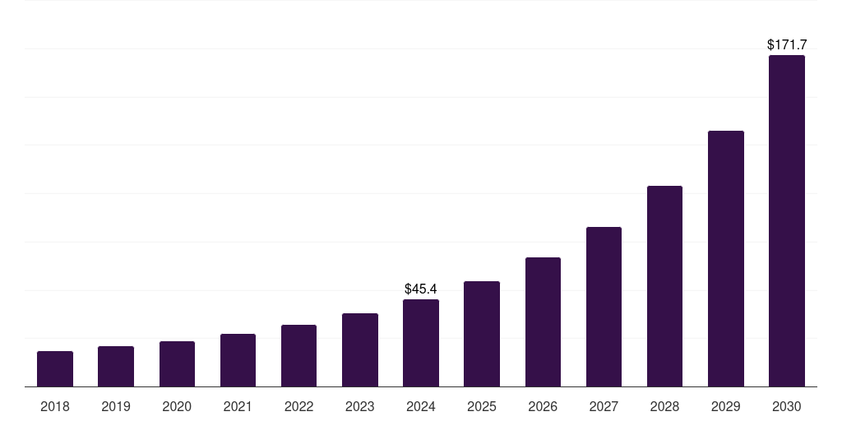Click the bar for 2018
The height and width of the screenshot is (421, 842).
coord(55,368)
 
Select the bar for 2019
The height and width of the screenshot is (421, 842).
coord(116,366)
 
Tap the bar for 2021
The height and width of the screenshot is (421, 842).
coord(238,360)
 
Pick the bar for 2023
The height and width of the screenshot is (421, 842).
coord(360,349)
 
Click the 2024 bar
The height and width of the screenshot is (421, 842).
coord(421,343)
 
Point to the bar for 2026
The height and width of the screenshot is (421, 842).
coord(543,322)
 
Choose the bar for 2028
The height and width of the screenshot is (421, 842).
coord(664,286)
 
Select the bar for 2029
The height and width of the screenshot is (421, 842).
coord(726,258)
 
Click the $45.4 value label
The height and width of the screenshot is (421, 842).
coord(421,289)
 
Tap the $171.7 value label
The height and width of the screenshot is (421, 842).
coord(787,44)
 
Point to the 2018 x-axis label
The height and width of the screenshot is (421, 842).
coord(55,406)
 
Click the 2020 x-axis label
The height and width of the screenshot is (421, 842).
coord(177,406)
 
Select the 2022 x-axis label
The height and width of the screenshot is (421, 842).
coord(298,406)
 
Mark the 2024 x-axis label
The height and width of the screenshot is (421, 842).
coord(421,406)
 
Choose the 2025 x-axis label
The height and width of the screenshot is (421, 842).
coord(482,406)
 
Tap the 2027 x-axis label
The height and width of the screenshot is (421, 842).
coord(604,406)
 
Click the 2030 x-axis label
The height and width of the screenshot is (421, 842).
coord(787,406)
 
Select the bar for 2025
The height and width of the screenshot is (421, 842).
coord(482,334)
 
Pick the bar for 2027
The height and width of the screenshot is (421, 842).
coord(604,307)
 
